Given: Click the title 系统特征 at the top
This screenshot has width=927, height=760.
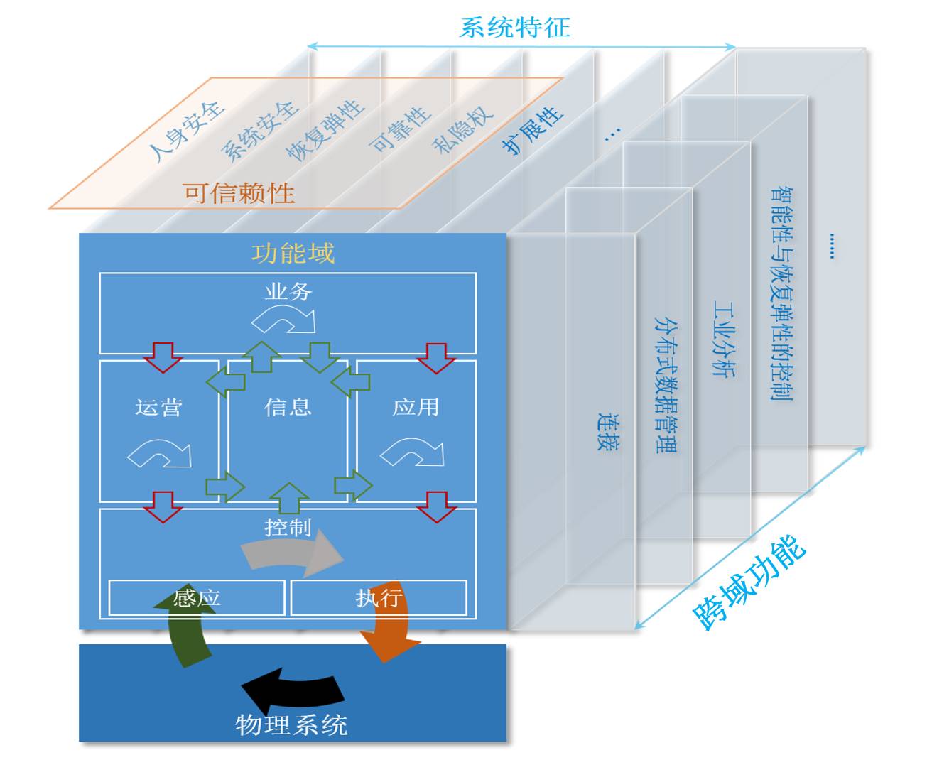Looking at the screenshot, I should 514,28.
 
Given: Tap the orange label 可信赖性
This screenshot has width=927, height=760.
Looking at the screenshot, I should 239,193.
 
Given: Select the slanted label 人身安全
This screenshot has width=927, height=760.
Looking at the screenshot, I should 186,131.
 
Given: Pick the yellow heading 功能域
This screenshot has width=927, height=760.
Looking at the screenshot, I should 293,254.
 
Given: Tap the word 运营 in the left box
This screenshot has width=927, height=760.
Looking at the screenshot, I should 158,408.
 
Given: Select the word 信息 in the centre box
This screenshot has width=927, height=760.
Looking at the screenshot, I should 288,407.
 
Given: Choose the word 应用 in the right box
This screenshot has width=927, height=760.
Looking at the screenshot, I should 416,407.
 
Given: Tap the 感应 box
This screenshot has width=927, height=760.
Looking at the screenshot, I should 197,598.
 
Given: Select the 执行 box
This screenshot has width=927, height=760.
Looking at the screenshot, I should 379,598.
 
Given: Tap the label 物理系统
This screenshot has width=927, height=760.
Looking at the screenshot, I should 291,725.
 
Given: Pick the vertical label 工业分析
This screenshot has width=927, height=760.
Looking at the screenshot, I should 724,339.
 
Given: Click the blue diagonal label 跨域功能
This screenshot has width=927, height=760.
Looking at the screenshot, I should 749,583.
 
